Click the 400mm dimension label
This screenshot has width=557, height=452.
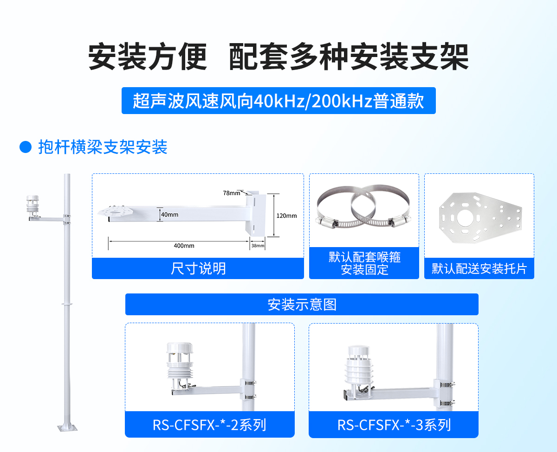click(x=184, y=245)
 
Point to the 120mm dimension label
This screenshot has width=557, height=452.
click(x=286, y=216)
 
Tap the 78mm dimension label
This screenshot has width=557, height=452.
click(x=232, y=193)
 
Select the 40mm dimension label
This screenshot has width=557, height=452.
click(x=170, y=215)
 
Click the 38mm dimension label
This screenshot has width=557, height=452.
click(x=258, y=245)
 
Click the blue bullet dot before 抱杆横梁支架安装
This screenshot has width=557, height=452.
click(x=25, y=147)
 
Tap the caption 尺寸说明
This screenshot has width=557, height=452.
click(x=198, y=268)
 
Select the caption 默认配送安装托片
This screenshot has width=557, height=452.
click(x=479, y=268)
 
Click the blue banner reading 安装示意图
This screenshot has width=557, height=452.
click(x=302, y=305)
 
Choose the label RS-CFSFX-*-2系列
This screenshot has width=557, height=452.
click(x=209, y=425)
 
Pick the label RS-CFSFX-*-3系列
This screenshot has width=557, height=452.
click(x=394, y=425)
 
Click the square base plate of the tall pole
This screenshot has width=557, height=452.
click(x=67, y=427)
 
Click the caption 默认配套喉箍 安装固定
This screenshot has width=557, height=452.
click(x=364, y=263)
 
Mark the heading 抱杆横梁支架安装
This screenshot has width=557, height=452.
click(x=103, y=147)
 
